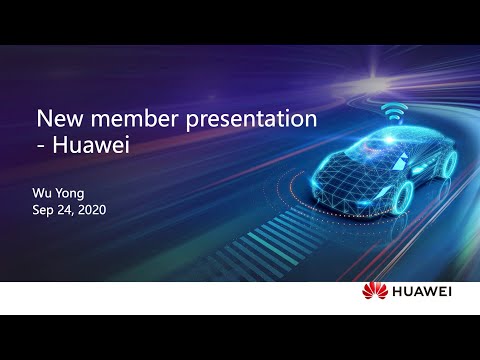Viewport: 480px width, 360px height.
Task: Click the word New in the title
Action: [59, 119]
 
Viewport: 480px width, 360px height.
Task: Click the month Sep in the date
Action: [44, 211]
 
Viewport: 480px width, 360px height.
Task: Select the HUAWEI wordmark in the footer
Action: [421, 292]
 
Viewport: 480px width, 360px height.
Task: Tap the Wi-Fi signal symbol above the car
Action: [393, 109]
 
